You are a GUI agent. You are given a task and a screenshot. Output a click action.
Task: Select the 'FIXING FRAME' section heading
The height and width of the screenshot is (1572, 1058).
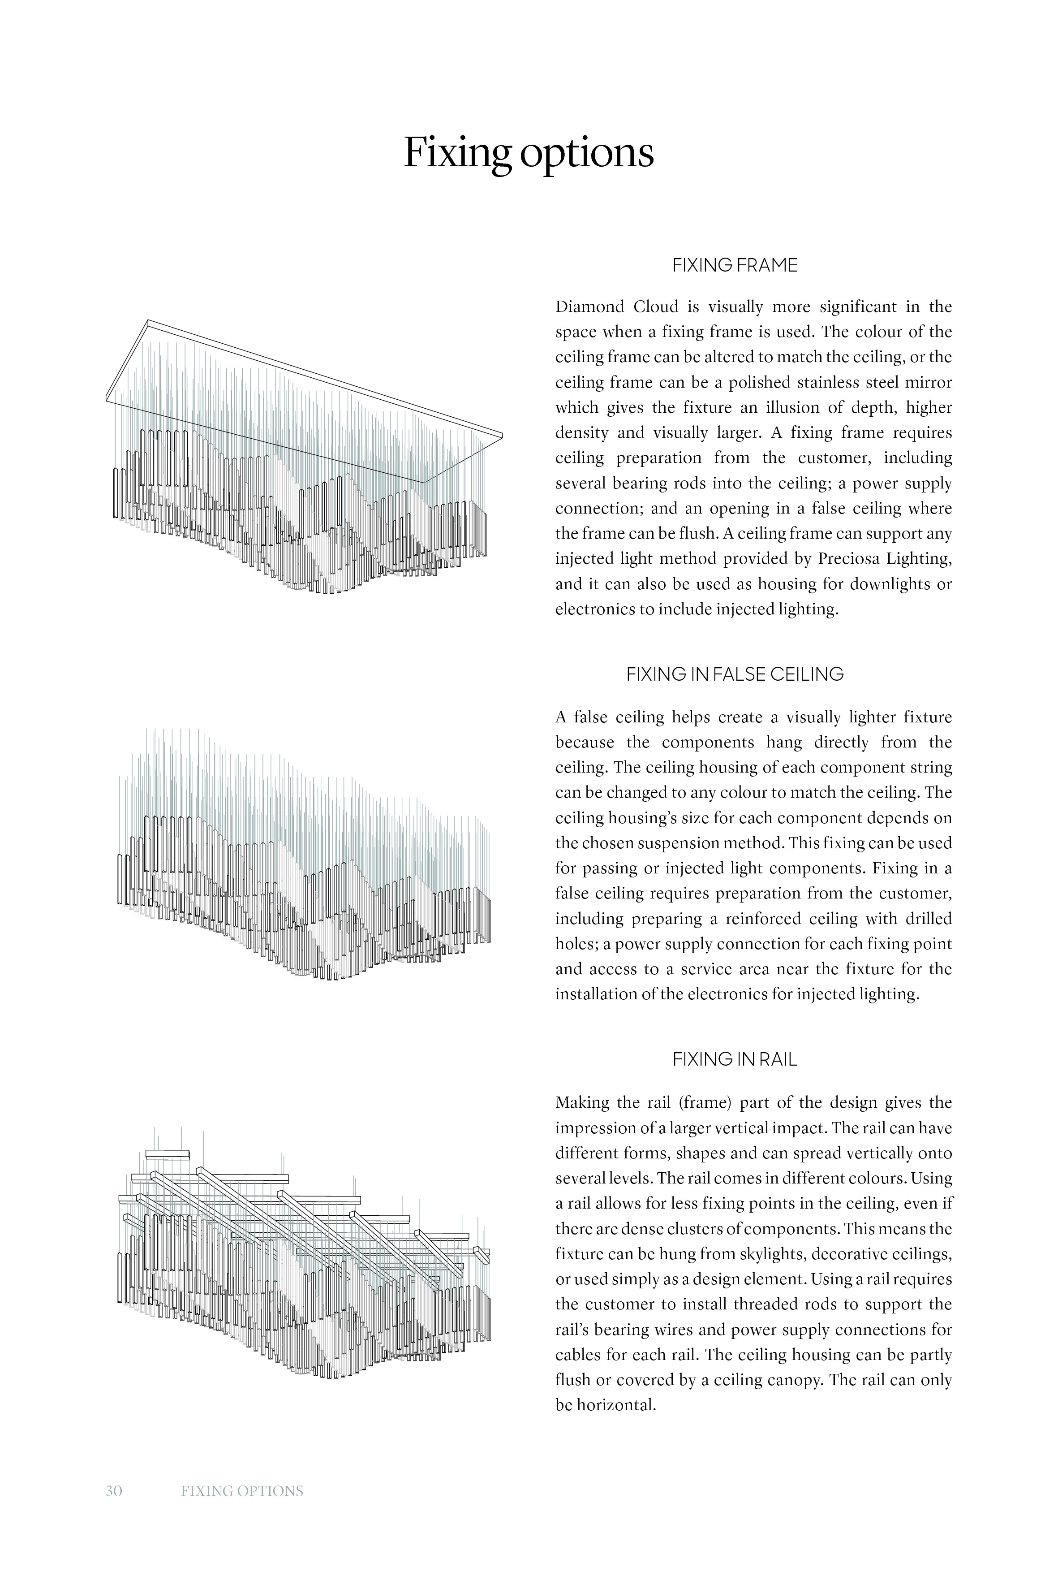pyautogui.click(x=735, y=265)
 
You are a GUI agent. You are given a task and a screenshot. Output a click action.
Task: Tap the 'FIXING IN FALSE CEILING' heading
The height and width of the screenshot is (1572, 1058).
pyautogui.click(x=735, y=674)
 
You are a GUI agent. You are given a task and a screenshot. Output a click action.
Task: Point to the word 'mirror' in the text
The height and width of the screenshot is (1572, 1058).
pyautogui.click(x=930, y=383)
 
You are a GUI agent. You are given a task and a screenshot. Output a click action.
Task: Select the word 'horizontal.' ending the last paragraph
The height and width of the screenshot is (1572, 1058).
pyautogui.click(x=616, y=1405)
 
